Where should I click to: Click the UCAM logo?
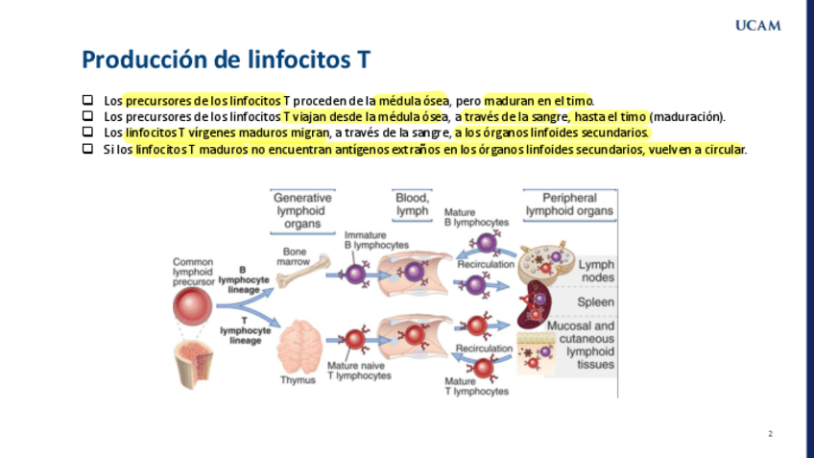pyautogui.click(x=757, y=25)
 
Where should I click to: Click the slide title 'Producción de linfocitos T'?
pyautogui.click(x=227, y=60)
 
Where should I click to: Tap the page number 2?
pyautogui.click(x=770, y=434)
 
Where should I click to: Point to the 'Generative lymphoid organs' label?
pyautogui.click(x=302, y=210)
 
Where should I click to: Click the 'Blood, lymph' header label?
pyautogui.click(x=412, y=204)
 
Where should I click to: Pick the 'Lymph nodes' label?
pyautogui.click(x=597, y=271)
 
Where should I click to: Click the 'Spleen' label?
pyautogui.click(x=595, y=302)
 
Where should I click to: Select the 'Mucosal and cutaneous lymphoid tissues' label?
pyautogui.click(x=581, y=345)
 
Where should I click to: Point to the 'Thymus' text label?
pyautogui.click(x=298, y=380)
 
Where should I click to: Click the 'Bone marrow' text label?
pyautogui.click(x=294, y=255)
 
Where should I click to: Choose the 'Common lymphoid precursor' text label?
pyautogui.click(x=193, y=272)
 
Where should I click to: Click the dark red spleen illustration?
pyautogui.click(x=536, y=305)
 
